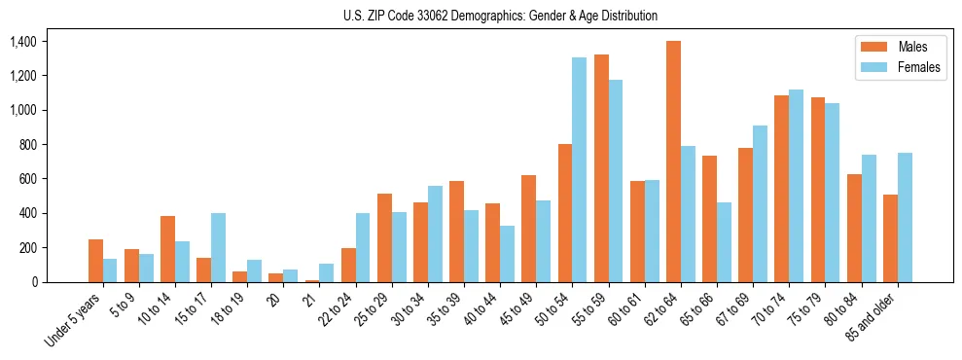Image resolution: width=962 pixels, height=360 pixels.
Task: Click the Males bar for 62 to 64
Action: pos(673,162)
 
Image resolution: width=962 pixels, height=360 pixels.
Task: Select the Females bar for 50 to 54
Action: pos(579,170)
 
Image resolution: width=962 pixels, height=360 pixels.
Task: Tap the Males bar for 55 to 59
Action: pos(601,168)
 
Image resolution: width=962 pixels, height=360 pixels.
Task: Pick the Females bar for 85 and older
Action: pos(905,217)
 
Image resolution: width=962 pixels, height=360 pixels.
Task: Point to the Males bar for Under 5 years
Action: pos(95,261)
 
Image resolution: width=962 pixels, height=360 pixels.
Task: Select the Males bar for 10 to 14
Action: pos(167,249)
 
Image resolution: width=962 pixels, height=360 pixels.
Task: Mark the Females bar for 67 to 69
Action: pos(760,203)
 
